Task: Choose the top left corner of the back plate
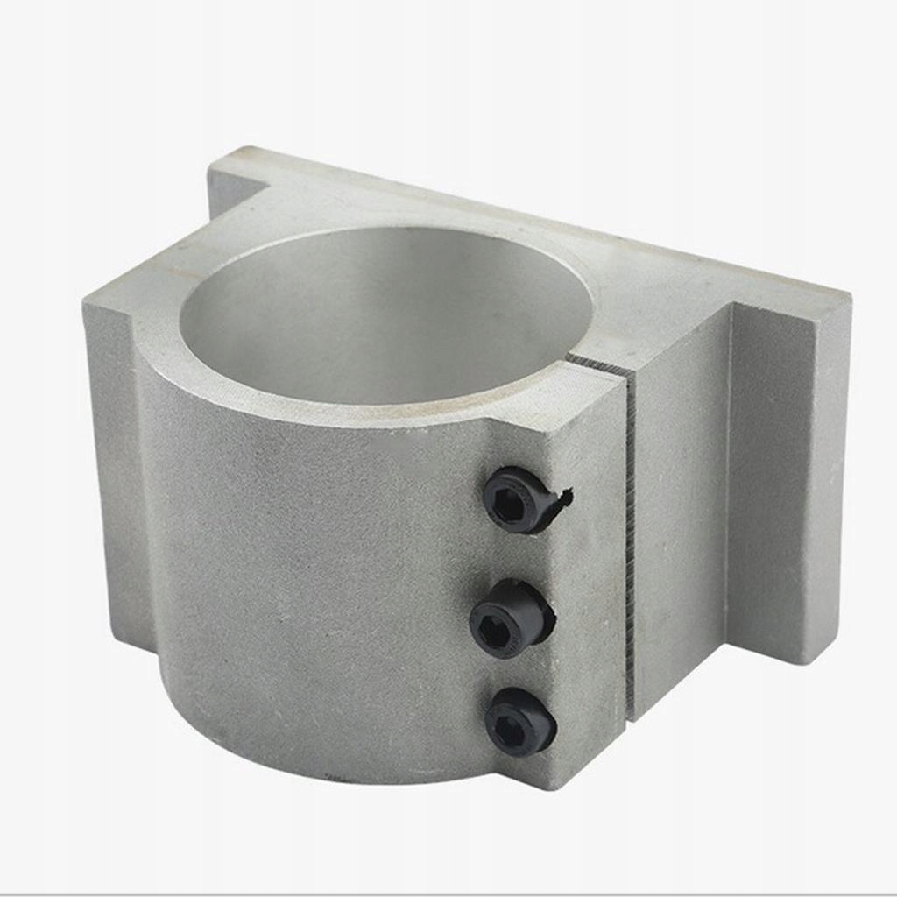(230, 153)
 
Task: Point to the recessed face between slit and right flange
(679, 526)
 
